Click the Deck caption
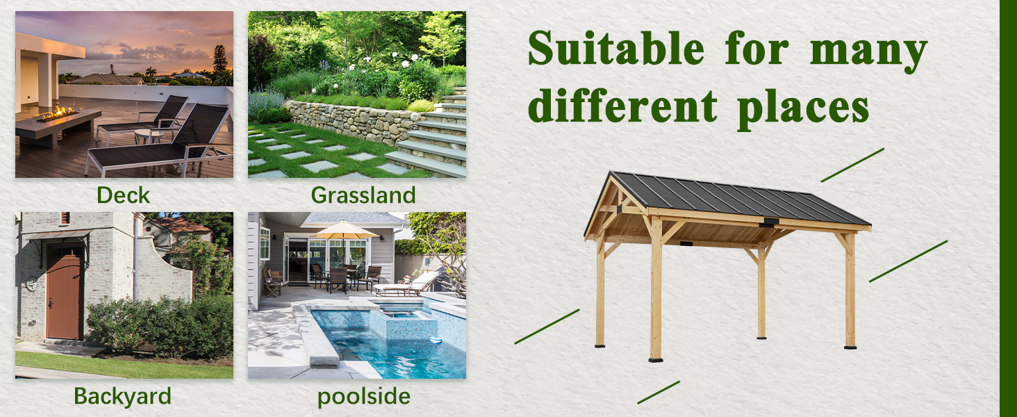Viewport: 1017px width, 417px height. (x=123, y=195)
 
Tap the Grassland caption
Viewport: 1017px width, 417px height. (x=363, y=195)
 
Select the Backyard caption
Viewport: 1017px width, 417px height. (x=122, y=397)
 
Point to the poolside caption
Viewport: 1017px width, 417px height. (x=364, y=397)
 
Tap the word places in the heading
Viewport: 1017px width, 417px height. (x=803, y=109)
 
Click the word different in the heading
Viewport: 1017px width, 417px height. (x=622, y=106)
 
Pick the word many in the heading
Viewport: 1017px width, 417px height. (x=868, y=54)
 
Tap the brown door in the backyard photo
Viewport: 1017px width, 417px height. (x=64, y=297)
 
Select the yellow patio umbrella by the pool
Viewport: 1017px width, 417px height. (x=345, y=230)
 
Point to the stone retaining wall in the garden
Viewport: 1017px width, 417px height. (x=354, y=122)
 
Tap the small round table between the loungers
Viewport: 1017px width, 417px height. (x=149, y=136)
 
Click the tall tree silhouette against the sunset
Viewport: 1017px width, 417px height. (x=220, y=58)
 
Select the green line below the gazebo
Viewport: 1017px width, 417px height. (x=659, y=393)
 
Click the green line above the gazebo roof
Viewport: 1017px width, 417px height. (x=852, y=165)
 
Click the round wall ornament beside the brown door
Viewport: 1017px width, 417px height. (x=32, y=284)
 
